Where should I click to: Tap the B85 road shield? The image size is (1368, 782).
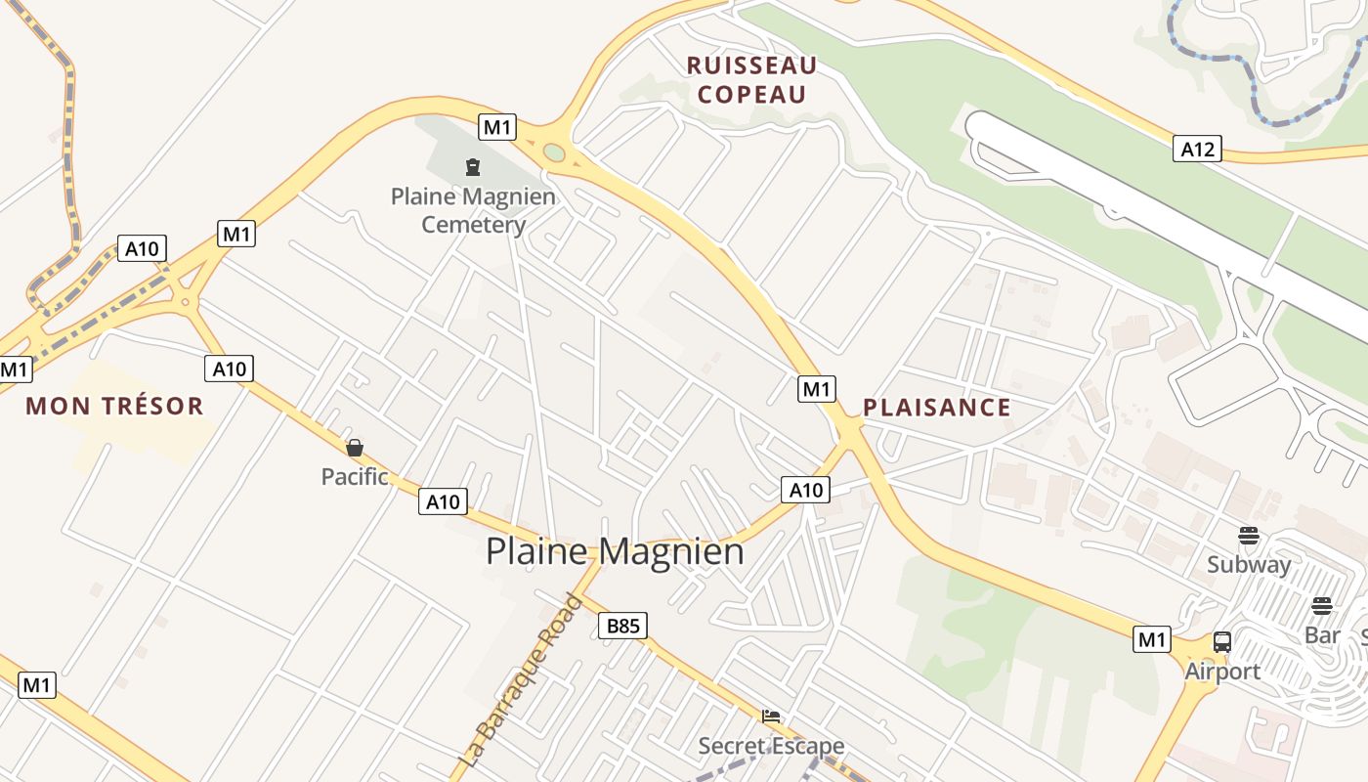pos(622,626)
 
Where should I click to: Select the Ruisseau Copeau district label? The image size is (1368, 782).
pos(751,80)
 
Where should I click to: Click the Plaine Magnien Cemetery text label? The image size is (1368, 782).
pos(474,210)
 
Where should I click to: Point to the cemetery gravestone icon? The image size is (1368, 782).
pos(474,167)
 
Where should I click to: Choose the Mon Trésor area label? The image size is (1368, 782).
pos(114,406)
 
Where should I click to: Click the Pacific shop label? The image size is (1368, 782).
pos(355,477)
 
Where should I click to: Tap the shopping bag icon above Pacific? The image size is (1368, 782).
pos(355,448)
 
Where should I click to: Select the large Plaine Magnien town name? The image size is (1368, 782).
pos(615,551)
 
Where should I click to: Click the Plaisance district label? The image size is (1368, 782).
pos(936,408)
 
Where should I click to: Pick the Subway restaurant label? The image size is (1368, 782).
pos(1249,564)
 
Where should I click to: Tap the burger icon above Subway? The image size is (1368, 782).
pos(1249,535)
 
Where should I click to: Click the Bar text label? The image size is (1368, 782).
pos(1322,635)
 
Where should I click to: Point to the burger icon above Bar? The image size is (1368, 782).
pos(1322,606)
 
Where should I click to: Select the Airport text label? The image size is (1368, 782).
pos(1222,672)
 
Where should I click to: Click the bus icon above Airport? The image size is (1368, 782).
pos(1222,642)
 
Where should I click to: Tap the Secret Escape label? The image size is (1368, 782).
pos(771,747)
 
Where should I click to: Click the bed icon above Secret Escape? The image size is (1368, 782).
pos(771,717)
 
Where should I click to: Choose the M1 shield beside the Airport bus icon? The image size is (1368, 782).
pos(1152,639)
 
